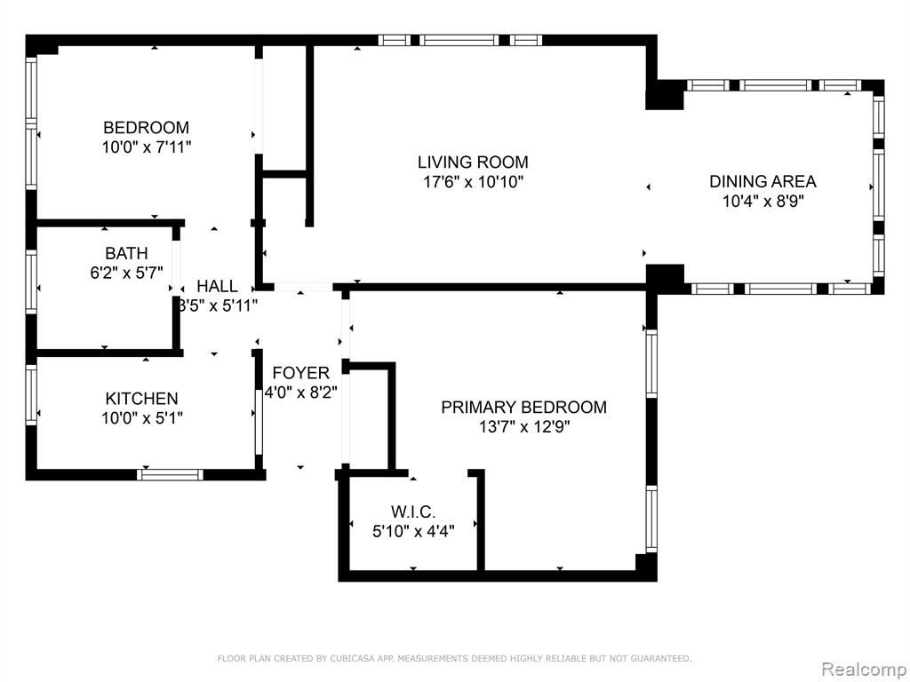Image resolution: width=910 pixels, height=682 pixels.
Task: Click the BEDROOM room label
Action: coord(147,128)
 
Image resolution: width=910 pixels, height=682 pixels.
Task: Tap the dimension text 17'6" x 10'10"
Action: coord(473,182)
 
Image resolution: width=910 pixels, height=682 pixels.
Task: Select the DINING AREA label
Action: coord(762,181)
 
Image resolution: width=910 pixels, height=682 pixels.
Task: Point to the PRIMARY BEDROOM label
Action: coord(523,407)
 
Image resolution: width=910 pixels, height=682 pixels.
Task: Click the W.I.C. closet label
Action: coord(413,512)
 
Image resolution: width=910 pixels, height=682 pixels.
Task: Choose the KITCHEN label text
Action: coord(141,399)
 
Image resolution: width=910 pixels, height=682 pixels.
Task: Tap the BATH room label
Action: coord(126,253)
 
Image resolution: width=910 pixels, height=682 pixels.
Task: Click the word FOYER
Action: coord(300,373)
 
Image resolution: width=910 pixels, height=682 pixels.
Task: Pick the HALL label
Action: coord(217,286)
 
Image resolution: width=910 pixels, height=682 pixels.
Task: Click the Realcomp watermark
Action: coord(863,669)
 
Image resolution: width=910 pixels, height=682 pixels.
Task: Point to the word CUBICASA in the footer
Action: coord(353,658)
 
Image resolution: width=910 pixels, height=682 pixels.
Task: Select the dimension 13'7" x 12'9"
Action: coord(524,427)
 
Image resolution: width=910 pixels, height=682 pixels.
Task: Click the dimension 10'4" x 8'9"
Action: coord(762,202)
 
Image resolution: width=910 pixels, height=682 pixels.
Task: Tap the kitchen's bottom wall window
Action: coord(170,474)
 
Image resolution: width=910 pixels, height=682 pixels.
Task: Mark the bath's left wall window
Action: coord(31,282)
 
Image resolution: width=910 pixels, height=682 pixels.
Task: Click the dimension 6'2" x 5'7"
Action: coord(126,274)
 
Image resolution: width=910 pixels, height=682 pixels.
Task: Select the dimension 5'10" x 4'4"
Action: coord(413,531)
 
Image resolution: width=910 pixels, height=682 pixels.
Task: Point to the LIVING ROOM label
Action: coord(473,162)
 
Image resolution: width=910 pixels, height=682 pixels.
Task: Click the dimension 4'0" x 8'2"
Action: coord(300,393)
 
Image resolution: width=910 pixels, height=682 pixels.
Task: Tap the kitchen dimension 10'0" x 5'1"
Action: coord(142,418)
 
